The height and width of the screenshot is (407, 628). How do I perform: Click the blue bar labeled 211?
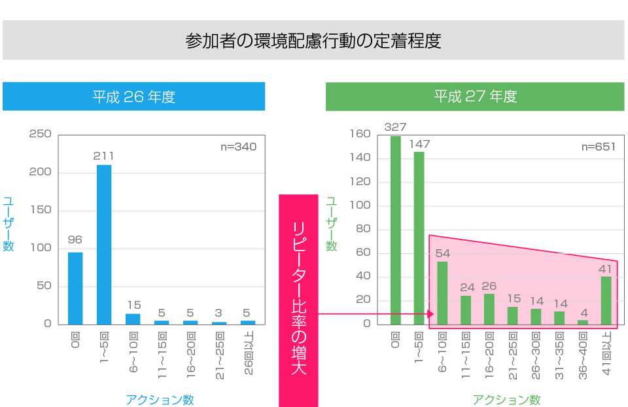click(104, 244)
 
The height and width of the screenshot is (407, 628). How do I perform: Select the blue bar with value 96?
click(75, 288)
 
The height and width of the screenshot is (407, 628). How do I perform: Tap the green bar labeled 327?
click(396, 230)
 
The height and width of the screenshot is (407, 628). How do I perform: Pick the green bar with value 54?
click(442, 292)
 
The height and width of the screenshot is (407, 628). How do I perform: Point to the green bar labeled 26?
click(489, 309)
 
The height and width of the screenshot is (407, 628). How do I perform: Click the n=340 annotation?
click(238, 147)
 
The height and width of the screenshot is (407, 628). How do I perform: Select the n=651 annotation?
click(599, 147)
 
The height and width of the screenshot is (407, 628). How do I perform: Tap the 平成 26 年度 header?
click(133, 97)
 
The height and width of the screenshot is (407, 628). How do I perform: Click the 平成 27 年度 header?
click(475, 97)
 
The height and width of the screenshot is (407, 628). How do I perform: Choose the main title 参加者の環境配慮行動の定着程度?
click(313, 41)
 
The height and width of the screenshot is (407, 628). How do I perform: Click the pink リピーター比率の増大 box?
click(298, 300)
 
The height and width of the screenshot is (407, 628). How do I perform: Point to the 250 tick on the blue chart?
click(41, 134)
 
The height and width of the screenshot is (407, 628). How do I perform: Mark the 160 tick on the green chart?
click(360, 134)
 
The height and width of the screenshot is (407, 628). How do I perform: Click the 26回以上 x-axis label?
click(248, 353)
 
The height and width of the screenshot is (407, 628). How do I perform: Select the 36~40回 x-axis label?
click(583, 354)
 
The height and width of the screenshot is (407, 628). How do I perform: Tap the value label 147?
click(419, 144)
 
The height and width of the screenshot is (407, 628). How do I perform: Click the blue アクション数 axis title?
click(160, 400)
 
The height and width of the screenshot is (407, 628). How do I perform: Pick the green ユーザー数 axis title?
click(332, 224)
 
